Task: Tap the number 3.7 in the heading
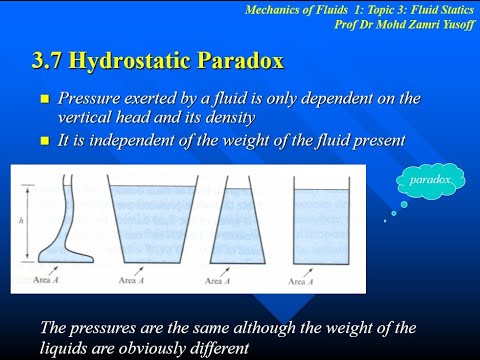click(52, 62)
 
